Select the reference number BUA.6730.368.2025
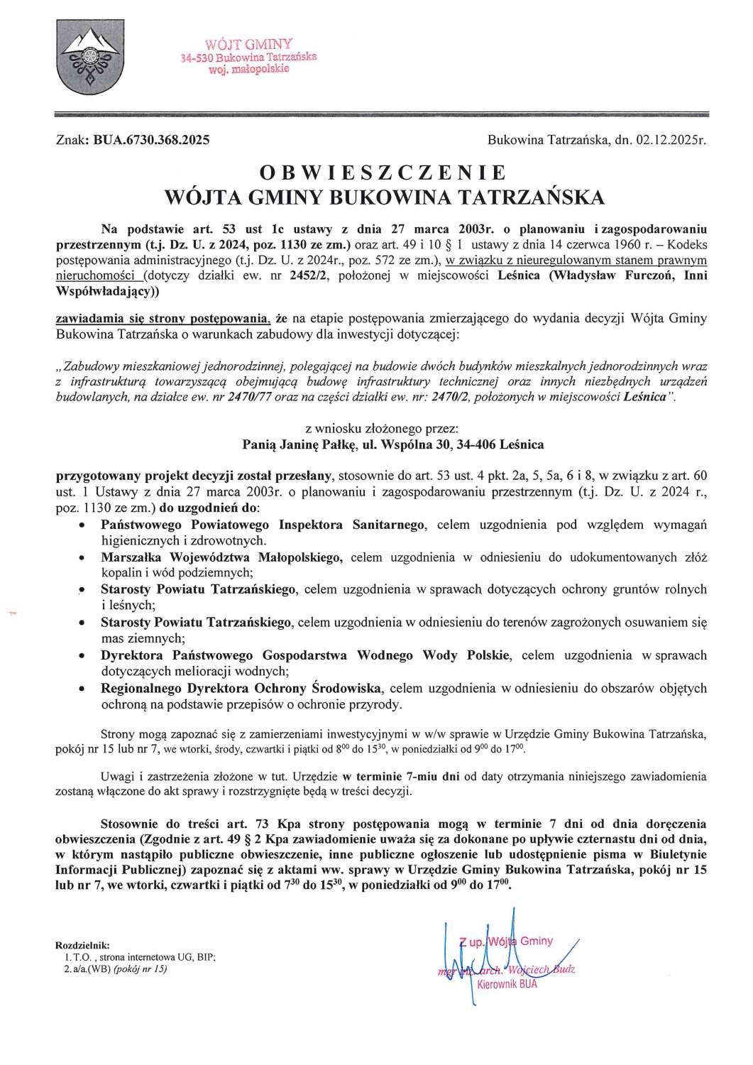(151, 141)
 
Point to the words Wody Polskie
(471, 655)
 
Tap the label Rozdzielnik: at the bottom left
(82, 946)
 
